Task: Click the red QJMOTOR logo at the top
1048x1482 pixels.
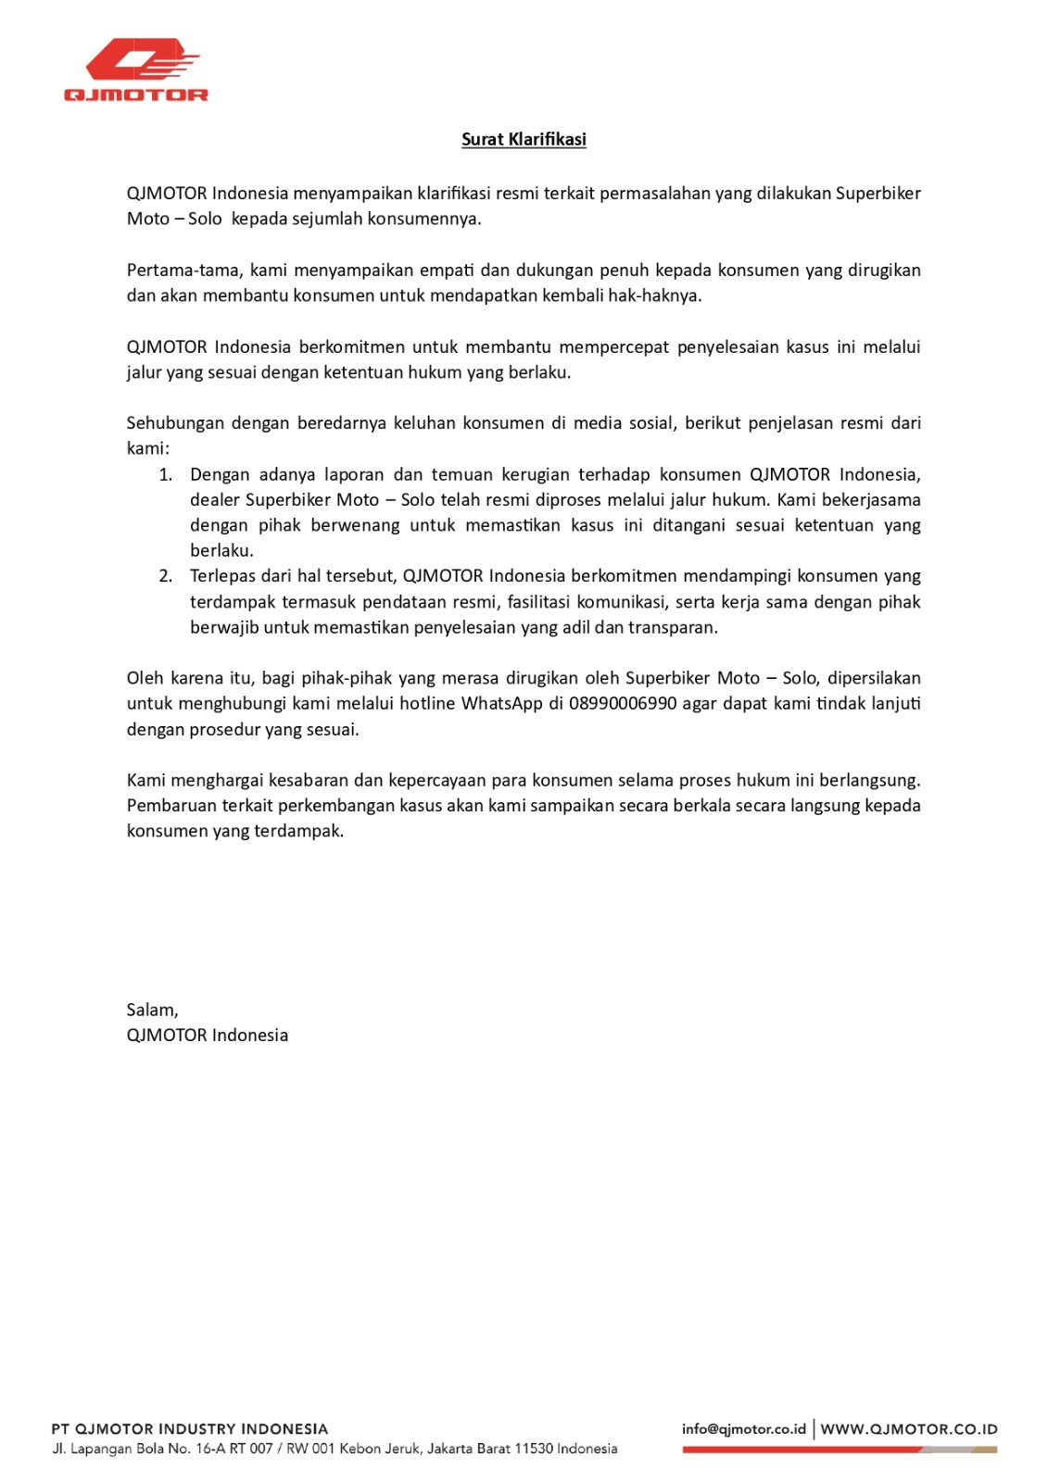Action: pos(136,69)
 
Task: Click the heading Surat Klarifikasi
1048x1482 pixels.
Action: pos(524,139)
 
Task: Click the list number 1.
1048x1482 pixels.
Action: pos(165,475)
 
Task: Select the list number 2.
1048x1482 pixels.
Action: pos(165,576)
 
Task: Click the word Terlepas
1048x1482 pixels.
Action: pos(221,576)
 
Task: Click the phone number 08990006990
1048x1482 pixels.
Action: pos(623,704)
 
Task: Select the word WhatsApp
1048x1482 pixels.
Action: pos(501,704)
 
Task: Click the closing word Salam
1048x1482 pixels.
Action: pos(152,1010)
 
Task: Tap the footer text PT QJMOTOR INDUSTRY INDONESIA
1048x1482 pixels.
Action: pos(190,1428)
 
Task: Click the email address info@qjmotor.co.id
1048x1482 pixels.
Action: pos(743,1428)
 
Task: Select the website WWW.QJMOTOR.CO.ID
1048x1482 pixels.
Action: pos(909,1429)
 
